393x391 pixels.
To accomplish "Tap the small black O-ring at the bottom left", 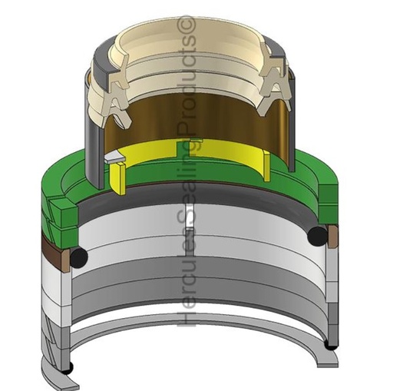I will coord(68,368).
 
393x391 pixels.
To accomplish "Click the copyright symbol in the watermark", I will coord(187,28).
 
